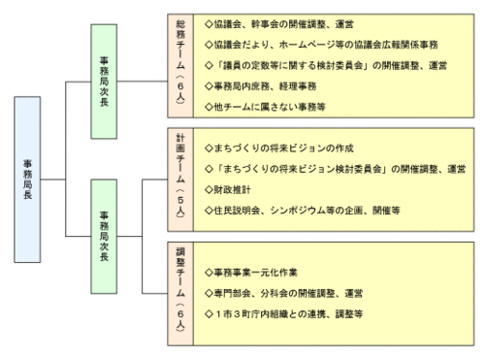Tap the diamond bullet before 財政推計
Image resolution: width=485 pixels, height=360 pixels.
point(209,188)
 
